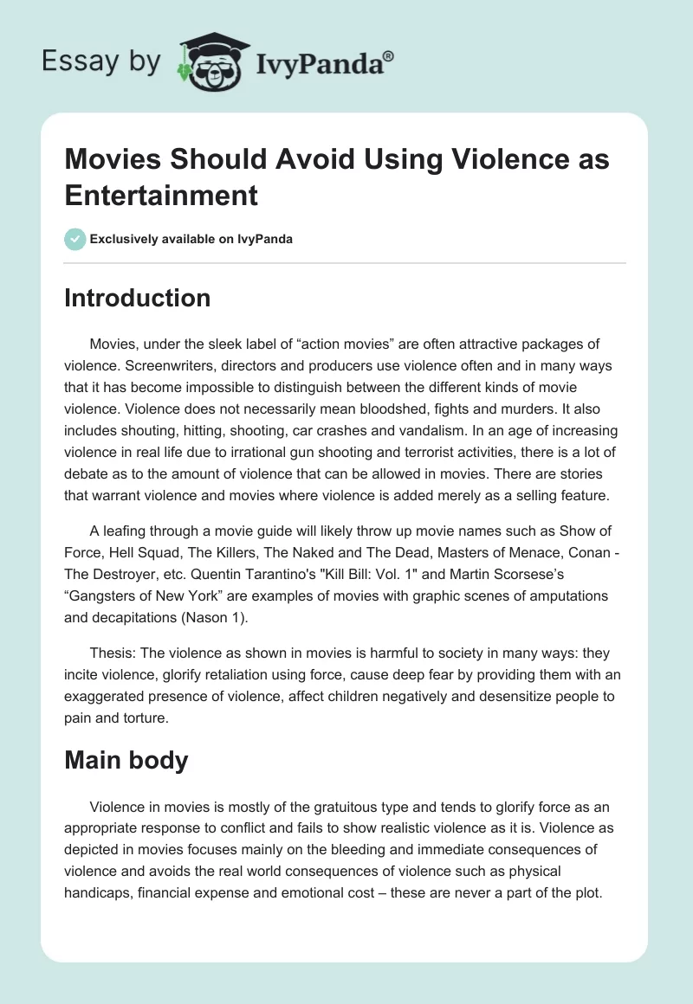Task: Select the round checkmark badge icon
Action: click(75, 239)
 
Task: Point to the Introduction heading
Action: click(137, 298)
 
